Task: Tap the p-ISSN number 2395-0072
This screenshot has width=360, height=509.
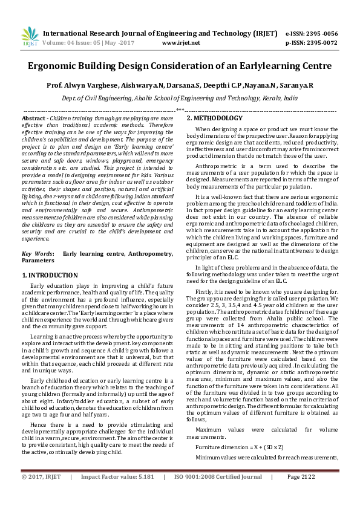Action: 321,44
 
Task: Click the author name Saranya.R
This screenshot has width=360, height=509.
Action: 298,85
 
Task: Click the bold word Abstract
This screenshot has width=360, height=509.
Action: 34,118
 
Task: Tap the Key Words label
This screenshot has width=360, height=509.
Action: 36,254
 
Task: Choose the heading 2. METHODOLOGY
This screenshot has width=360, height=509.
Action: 214,118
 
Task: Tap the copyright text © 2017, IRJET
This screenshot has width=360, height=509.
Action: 42,493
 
